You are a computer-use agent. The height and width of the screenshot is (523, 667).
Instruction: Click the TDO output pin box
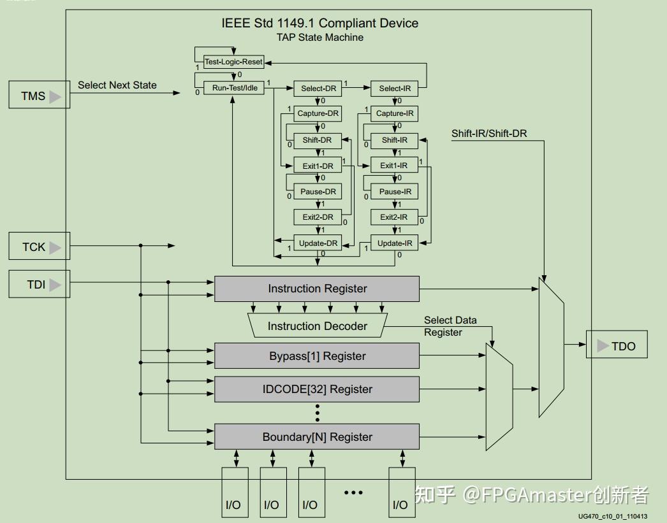pyautogui.click(x=616, y=346)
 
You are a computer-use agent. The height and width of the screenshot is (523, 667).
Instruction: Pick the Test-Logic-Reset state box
pyautogui.click(x=233, y=62)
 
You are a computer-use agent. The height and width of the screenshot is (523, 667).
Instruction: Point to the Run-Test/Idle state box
pyautogui.click(x=234, y=88)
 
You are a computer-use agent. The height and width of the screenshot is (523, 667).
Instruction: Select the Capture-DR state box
pyautogui.click(x=318, y=113)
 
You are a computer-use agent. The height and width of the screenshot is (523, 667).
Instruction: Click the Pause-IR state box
pyautogui.click(x=395, y=192)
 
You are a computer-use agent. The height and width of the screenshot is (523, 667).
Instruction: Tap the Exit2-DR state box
pyautogui.click(x=318, y=217)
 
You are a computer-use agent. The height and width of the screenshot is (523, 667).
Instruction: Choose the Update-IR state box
pyautogui.click(x=394, y=243)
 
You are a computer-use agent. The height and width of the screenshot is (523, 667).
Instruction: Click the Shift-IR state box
pyautogui.click(x=395, y=140)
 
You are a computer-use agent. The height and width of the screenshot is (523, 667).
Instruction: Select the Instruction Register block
pyautogui.click(x=317, y=289)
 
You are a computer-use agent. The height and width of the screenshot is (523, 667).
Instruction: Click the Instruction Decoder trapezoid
pyautogui.click(x=317, y=326)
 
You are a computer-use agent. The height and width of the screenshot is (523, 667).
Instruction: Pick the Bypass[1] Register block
pyautogui.click(x=317, y=356)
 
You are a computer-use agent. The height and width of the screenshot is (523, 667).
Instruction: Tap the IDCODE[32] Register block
pyautogui.click(x=317, y=389)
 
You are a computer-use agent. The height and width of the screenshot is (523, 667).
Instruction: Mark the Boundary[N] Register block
pyautogui.click(x=317, y=437)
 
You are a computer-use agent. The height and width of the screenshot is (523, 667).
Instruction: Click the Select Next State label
pyautogui.click(x=117, y=85)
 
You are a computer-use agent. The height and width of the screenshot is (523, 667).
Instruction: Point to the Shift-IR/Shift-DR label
pyautogui.click(x=489, y=133)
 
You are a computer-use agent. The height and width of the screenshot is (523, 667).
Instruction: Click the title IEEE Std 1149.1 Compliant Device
pyautogui.click(x=319, y=24)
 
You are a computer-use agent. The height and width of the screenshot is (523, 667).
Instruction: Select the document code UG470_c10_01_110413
pyautogui.click(x=613, y=517)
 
